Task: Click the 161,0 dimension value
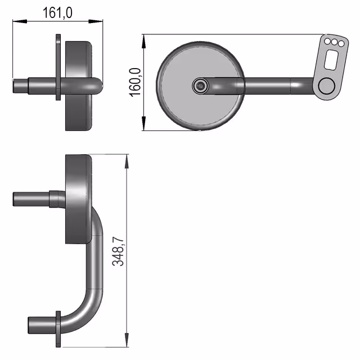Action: click(57, 13)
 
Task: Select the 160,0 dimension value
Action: click(135, 82)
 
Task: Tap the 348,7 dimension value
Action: click(118, 251)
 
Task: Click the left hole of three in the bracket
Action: click(327, 41)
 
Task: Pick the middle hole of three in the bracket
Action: click(334, 42)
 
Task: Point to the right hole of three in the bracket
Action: click(341, 43)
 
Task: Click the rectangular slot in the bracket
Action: click(331, 60)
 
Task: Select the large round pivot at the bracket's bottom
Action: click(327, 85)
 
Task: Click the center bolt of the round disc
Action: click(200, 85)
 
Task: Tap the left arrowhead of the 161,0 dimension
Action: click(20, 21)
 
